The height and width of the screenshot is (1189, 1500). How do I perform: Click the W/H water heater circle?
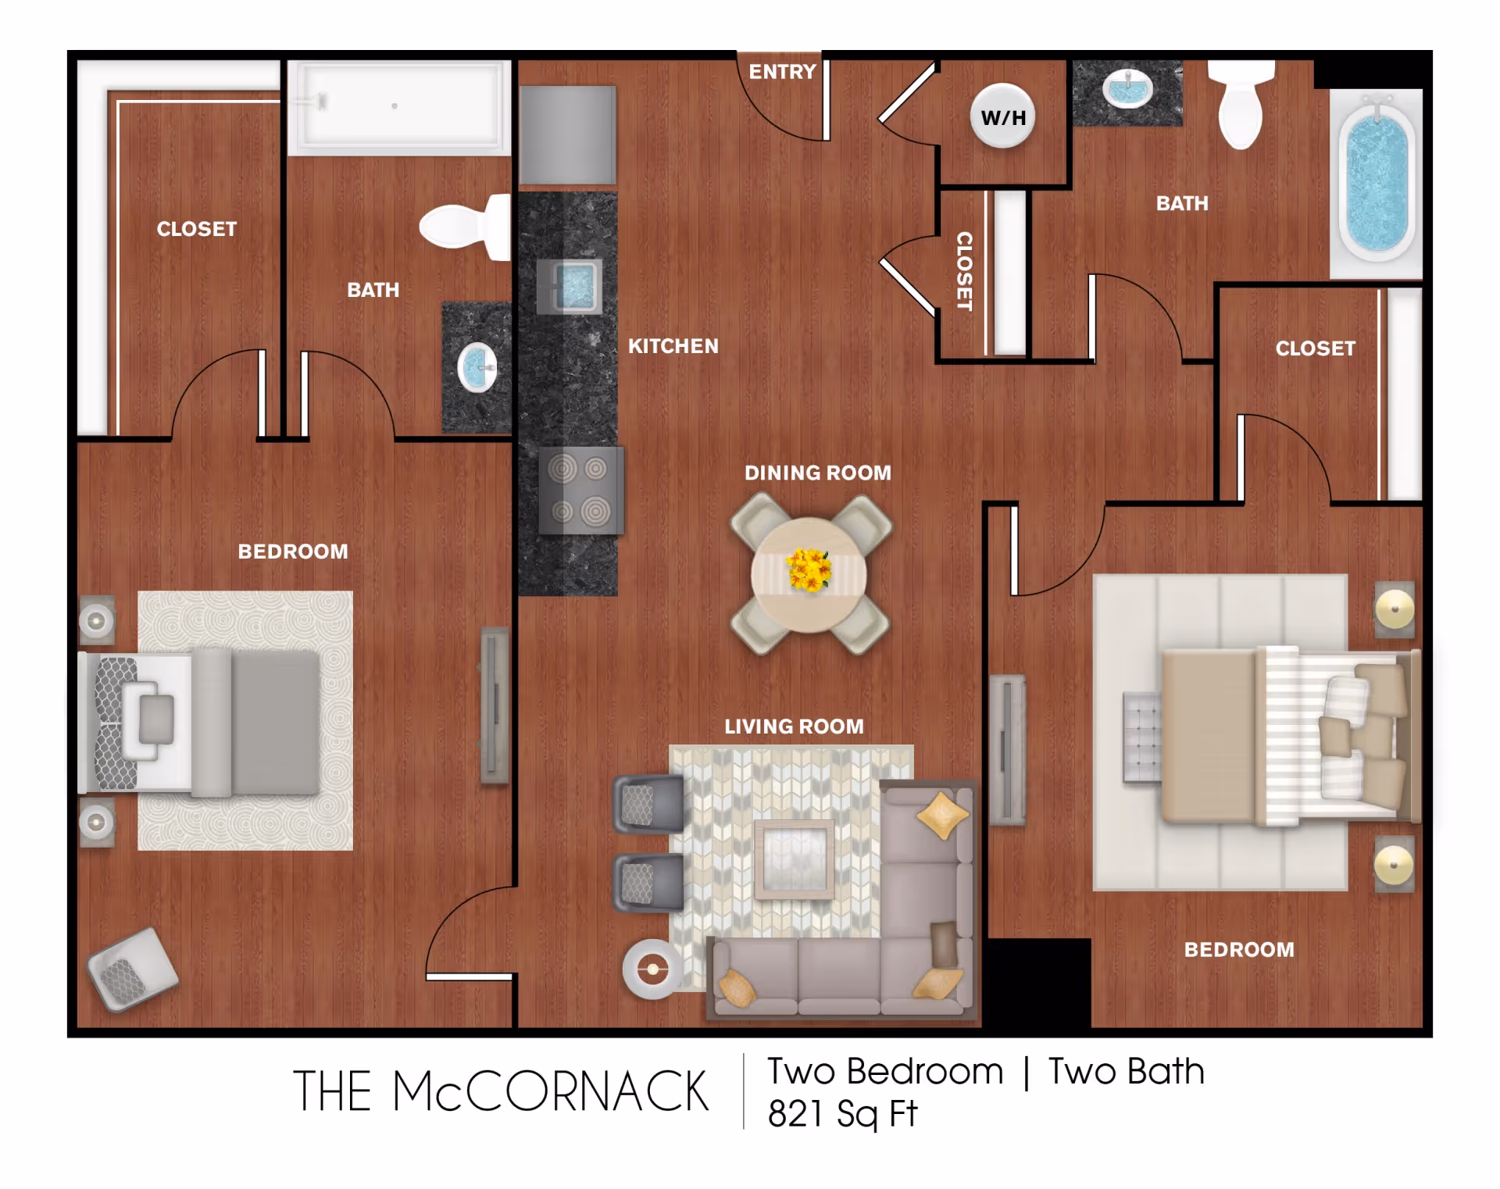pos(1003,116)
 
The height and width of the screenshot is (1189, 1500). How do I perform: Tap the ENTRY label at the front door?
pos(782,72)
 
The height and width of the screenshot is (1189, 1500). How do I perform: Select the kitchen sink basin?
pos(570,286)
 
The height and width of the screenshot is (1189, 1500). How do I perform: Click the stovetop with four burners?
pos(581,491)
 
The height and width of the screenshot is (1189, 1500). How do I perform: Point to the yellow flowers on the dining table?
pos(809,570)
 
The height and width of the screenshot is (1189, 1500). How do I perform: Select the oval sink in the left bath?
pos(477,367)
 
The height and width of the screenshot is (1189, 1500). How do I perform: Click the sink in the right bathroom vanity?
pos(1127,87)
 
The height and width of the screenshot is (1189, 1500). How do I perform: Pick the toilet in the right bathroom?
pos(1241,103)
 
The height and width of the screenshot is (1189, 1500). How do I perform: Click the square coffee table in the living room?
pos(795,859)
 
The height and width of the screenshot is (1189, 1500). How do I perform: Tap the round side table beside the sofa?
pos(653,969)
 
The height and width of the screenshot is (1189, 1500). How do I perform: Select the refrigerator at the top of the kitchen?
pos(568,135)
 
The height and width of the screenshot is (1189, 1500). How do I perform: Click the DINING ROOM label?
pos(818,473)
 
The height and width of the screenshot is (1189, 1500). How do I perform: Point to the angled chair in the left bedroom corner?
pos(134,969)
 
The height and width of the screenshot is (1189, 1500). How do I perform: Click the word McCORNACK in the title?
pos(551,1091)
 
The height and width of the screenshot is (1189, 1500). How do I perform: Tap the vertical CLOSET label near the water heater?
pos(965,271)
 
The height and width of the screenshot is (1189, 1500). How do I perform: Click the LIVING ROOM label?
pos(795,727)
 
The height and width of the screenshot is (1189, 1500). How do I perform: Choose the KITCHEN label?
pos(673,346)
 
